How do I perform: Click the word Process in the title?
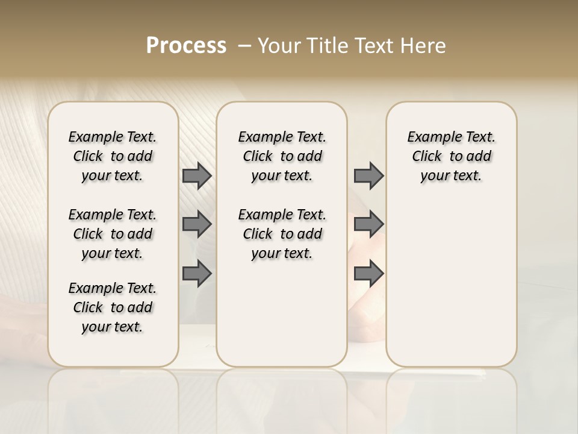(x=186, y=45)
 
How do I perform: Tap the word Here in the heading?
(x=423, y=45)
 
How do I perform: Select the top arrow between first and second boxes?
(x=197, y=176)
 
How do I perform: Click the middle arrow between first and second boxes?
(x=197, y=224)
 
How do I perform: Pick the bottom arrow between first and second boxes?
(x=197, y=274)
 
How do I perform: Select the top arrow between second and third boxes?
(x=368, y=176)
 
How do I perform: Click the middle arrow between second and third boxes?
(x=368, y=224)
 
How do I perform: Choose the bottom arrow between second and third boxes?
(x=368, y=274)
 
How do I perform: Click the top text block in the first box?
(x=113, y=156)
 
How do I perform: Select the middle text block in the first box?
(x=113, y=234)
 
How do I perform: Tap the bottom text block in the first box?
(x=113, y=307)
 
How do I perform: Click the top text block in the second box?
(x=282, y=156)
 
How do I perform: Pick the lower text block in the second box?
(x=282, y=234)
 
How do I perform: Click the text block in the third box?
(x=452, y=156)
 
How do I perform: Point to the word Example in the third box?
(x=429, y=137)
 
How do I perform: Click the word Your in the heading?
(x=276, y=45)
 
